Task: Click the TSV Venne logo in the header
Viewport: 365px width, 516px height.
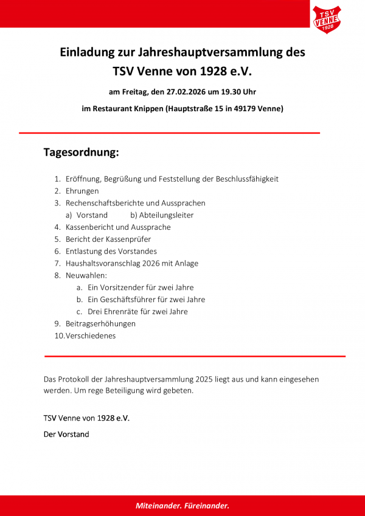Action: coord(327,19)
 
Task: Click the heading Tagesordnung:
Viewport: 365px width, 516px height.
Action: coord(81,152)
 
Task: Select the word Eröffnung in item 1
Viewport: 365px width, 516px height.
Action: coord(83,179)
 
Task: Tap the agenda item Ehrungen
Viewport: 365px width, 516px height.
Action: coord(82,191)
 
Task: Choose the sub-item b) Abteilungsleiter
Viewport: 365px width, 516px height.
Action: coord(162,215)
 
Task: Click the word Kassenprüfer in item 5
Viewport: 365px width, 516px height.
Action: coord(130,239)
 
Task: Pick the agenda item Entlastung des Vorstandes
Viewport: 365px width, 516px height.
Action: coord(111,251)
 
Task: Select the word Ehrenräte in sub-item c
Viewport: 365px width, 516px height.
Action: coord(127,312)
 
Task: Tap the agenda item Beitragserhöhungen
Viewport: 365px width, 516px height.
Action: coord(100,323)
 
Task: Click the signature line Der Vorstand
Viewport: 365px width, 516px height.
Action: coord(66,435)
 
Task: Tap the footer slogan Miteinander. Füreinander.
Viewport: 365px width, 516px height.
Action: coord(182,506)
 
